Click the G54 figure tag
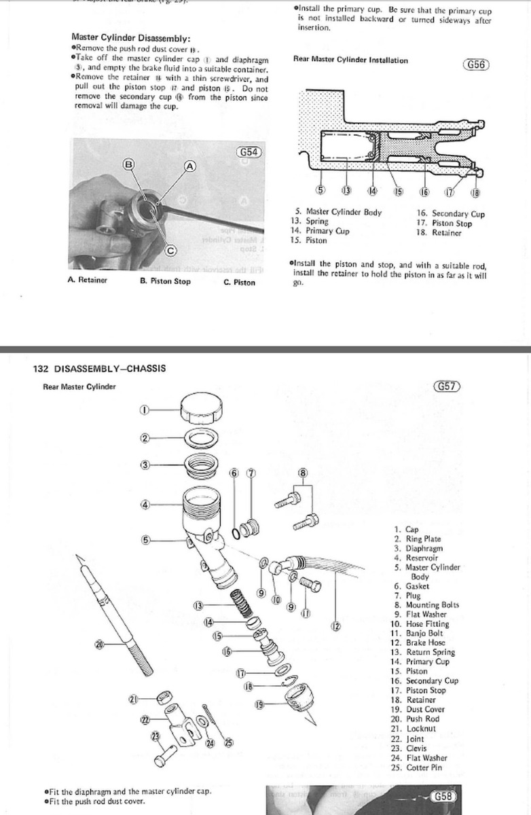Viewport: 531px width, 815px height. click(x=249, y=152)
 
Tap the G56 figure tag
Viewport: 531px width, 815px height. click(x=476, y=65)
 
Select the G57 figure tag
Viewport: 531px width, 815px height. click(x=446, y=386)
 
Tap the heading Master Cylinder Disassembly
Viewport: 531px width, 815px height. click(x=130, y=38)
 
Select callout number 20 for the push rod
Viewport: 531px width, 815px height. click(x=100, y=645)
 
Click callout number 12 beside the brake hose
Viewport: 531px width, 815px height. click(x=335, y=626)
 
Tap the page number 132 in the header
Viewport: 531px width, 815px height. click(x=41, y=369)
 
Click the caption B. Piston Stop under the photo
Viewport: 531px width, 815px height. click(x=165, y=281)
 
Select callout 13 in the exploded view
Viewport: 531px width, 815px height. click(x=198, y=604)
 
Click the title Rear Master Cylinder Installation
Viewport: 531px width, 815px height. click(x=350, y=60)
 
